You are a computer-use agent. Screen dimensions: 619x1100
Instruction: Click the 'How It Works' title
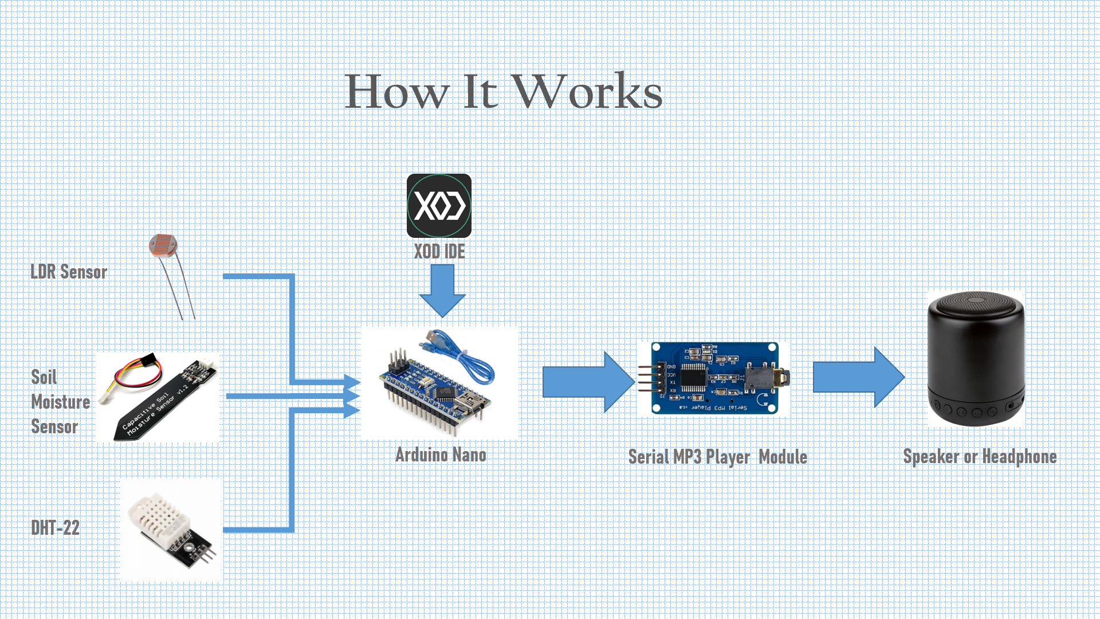504,92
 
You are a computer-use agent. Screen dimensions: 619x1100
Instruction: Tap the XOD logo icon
439,206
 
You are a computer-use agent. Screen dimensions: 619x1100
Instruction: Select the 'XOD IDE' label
439,252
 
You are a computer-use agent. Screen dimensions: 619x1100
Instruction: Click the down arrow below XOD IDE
442,289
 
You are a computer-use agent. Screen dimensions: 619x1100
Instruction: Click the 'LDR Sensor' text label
69,272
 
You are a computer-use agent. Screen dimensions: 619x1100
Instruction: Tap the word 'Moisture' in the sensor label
61,402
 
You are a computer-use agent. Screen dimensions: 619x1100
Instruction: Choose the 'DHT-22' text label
56,528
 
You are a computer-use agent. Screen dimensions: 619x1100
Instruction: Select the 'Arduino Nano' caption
441,455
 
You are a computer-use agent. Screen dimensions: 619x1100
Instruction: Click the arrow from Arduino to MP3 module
587,382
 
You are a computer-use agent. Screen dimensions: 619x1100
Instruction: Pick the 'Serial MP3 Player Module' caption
717,457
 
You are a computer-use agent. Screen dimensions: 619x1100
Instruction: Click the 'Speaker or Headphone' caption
980,456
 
